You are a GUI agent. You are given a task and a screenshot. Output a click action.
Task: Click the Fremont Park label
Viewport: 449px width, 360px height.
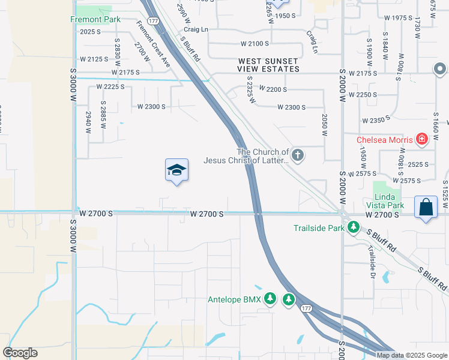pyautogui.click(x=95, y=20)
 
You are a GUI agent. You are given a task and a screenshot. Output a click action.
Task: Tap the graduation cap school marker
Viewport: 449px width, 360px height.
pyautogui.click(x=177, y=171)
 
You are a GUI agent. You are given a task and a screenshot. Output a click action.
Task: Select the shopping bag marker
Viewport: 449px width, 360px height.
pyautogui.click(x=426, y=208)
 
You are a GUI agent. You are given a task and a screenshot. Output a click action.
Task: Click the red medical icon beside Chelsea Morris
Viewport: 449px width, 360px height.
pyautogui.click(x=422, y=140)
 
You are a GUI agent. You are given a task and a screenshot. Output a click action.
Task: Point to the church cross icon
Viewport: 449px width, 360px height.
pyautogui.click(x=297, y=156)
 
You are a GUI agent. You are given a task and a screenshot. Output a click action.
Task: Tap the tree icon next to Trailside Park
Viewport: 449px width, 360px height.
pyautogui.click(x=354, y=228)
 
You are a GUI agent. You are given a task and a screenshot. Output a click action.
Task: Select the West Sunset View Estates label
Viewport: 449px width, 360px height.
pyautogui.click(x=268, y=65)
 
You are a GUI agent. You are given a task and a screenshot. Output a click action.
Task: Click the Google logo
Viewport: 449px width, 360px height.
pyautogui.click(x=20, y=353)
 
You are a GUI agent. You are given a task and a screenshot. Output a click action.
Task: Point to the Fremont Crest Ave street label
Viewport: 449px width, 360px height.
pyautogui.click(x=153, y=44)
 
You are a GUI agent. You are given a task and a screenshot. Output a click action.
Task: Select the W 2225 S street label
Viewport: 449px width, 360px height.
pyautogui.click(x=110, y=87)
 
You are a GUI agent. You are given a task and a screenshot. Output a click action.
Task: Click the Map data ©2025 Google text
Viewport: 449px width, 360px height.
pyautogui.click(x=412, y=355)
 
